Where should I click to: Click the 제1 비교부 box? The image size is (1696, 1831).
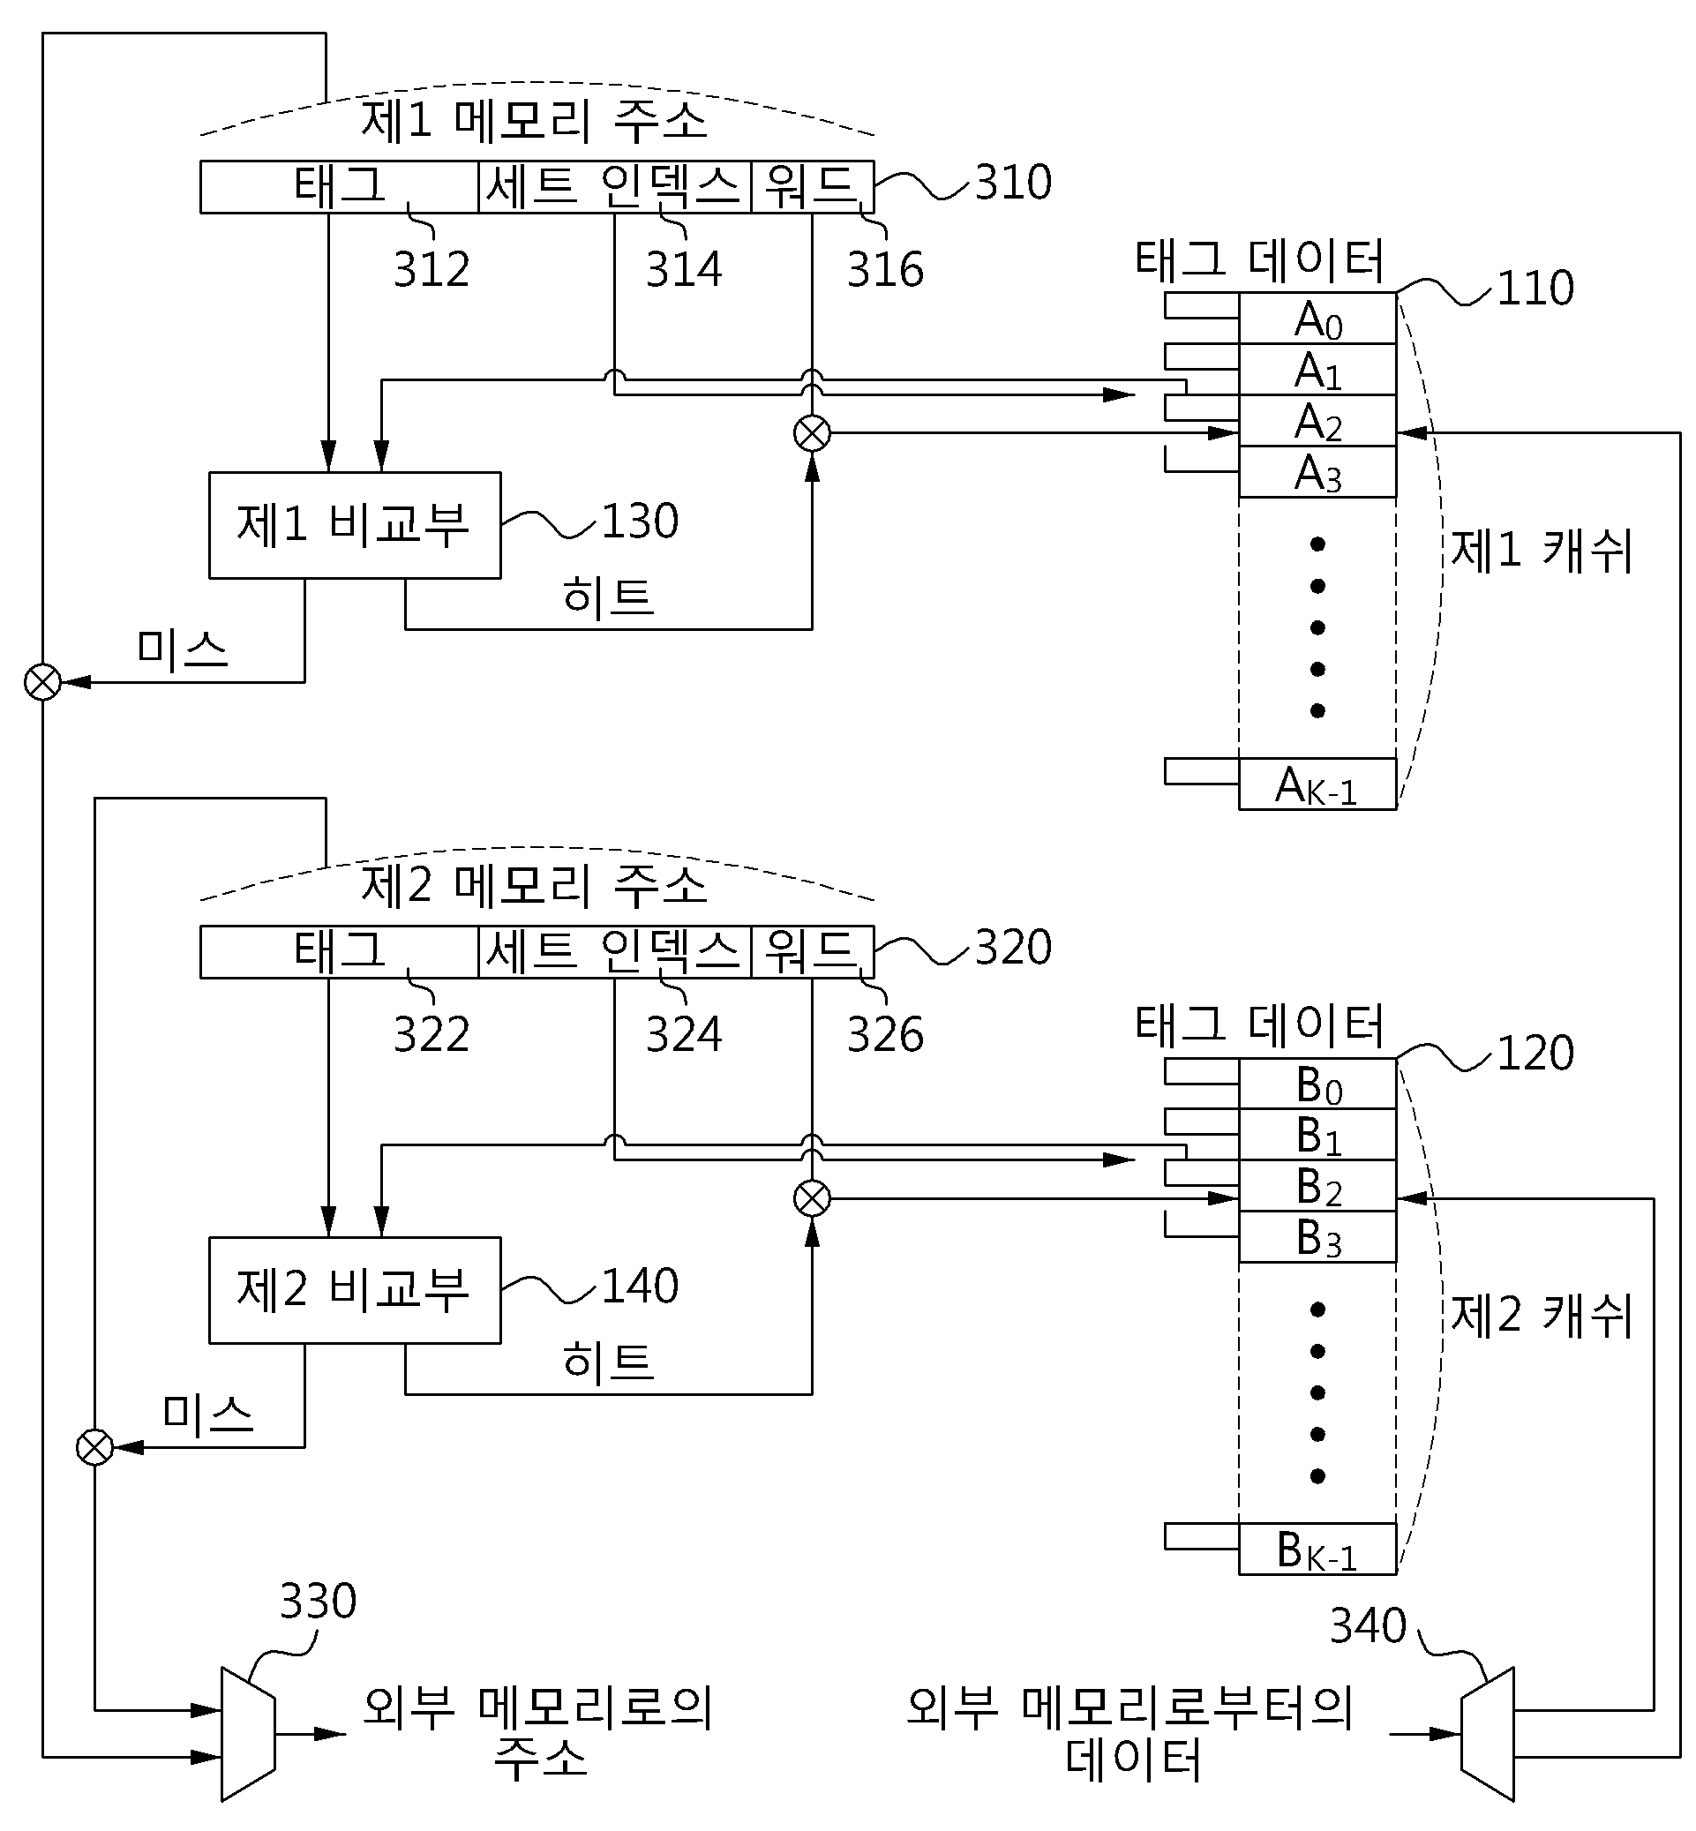pos(355,525)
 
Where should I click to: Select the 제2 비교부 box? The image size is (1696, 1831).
pos(355,1290)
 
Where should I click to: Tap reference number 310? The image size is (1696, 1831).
pos(1013,182)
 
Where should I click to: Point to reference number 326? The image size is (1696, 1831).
pos(885,1034)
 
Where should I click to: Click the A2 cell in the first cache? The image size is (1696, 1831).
pos(1318,421)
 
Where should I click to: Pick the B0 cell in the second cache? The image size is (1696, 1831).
pos(1318,1084)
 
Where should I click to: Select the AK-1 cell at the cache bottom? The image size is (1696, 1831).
pos(1318,784)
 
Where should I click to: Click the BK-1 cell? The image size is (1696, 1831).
pos(1318,1550)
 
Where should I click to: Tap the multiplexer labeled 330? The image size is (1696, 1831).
pos(248,1734)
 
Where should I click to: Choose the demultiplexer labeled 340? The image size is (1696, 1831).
pos(1488,1734)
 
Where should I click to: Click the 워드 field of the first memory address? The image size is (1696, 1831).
pos(812,187)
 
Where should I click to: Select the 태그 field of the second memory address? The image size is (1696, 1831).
pos(340,952)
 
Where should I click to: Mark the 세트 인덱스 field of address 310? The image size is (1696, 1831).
pos(615,187)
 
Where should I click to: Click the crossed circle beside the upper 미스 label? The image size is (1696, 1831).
pos(42,682)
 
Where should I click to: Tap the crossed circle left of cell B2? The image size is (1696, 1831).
pos(812,1198)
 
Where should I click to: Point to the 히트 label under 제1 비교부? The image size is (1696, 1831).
pos(608,597)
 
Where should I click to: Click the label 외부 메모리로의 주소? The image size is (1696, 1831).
pos(539,1733)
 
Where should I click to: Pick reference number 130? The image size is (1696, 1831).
pos(640,521)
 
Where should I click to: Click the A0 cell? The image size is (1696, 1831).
pos(1318,319)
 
